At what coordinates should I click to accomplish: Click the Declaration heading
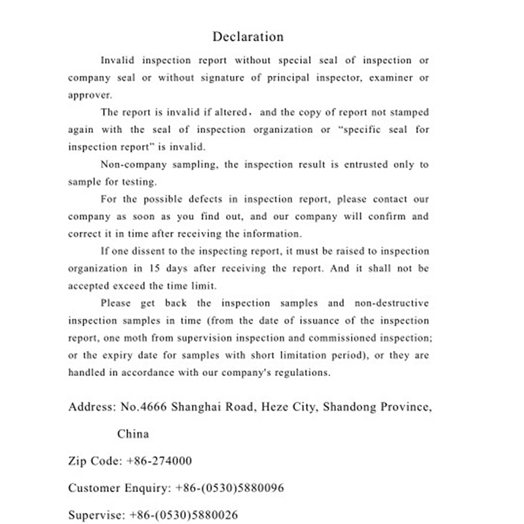pos(248,37)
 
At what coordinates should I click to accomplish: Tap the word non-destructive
pos(392,303)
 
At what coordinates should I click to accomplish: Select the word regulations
pos(303,373)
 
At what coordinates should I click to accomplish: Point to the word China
pos(133,434)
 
